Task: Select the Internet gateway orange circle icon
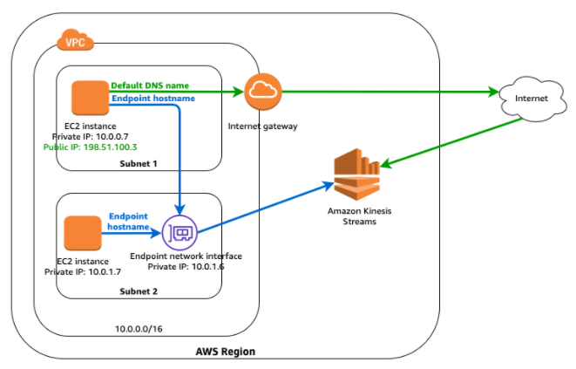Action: coord(261,92)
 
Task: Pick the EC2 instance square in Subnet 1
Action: coord(88,98)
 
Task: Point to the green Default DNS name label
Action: coord(150,86)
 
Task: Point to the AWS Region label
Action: coord(226,351)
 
